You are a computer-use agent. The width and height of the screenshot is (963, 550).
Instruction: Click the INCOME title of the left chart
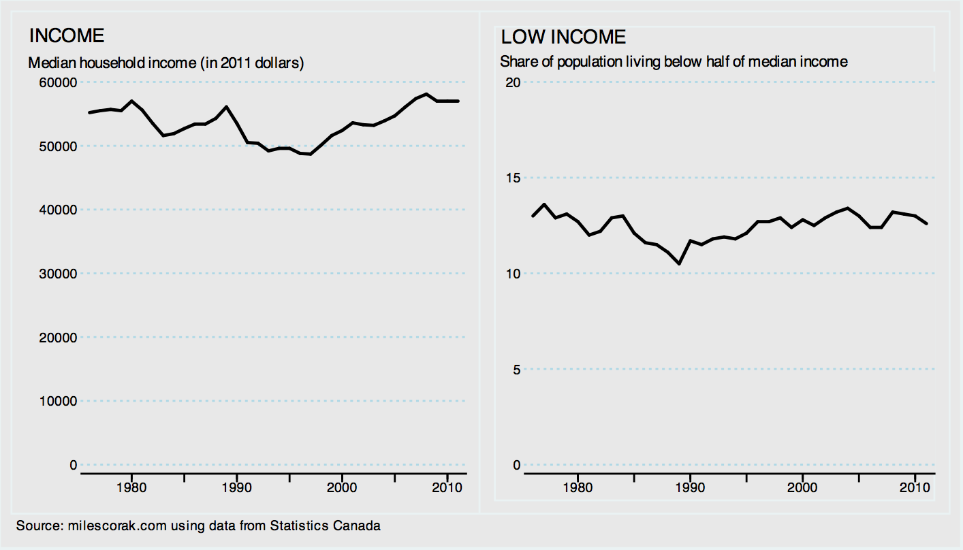[x=66, y=36]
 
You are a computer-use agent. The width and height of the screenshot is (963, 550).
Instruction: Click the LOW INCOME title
[x=563, y=37]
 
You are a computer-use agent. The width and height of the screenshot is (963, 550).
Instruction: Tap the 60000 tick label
[x=59, y=82]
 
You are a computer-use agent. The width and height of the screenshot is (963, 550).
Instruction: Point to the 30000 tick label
[x=59, y=274]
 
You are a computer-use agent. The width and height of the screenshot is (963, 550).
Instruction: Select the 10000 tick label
[x=59, y=401]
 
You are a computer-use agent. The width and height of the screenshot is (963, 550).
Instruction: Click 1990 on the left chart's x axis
[x=236, y=488]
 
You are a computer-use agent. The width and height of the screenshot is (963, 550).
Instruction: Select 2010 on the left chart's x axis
[x=447, y=488]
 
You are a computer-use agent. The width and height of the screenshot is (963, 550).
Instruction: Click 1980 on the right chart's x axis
[x=578, y=488]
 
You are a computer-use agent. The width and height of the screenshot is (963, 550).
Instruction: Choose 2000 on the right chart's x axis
[x=802, y=488]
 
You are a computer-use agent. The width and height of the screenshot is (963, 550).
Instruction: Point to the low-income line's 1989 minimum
[x=679, y=263]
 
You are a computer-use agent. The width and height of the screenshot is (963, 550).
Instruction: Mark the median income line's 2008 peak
[x=426, y=94]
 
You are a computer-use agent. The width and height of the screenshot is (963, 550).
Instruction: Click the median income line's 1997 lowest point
[x=311, y=155]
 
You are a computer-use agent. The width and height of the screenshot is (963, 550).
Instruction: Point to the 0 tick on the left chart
[x=73, y=465]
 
